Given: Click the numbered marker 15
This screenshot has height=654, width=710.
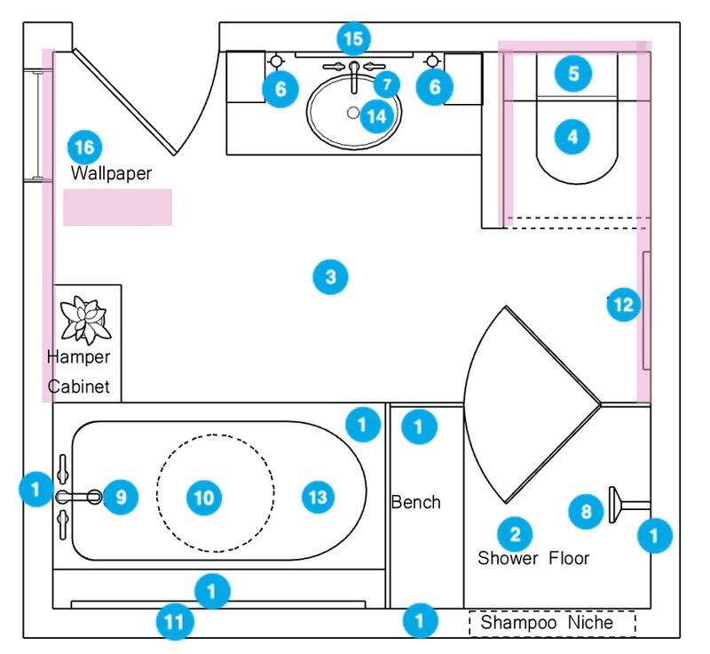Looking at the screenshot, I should (x=353, y=39).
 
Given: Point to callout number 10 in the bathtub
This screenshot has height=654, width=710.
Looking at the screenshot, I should (x=204, y=497).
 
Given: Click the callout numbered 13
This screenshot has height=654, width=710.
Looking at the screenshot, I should (x=317, y=497).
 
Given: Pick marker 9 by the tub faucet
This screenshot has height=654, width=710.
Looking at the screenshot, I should (x=121, y=497).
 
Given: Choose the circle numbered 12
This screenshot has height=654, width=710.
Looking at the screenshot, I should (x=623, y=306).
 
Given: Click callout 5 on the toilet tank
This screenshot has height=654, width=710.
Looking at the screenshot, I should (x=573, y=73).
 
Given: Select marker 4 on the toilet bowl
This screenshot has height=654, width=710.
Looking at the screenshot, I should (x=573, y=137).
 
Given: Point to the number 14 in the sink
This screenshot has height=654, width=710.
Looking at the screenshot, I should (x=377, y=116).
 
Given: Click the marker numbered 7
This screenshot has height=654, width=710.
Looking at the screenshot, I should (x=386, y=84).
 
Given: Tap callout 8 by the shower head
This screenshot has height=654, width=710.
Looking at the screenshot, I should (x=586, y=511).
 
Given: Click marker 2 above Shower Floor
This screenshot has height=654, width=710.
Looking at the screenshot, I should (x=514, y=533).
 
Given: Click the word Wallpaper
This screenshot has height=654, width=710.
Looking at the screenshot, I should (x=111, y=173).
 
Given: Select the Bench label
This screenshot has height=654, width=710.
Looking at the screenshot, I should (x=415, y=502).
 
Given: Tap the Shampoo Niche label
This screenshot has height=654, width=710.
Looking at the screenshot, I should (x=547, y=623).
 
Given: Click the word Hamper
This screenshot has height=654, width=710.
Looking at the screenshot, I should (x=79, y=357).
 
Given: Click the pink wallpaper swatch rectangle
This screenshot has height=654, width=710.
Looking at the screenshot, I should (x=117, y=207).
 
